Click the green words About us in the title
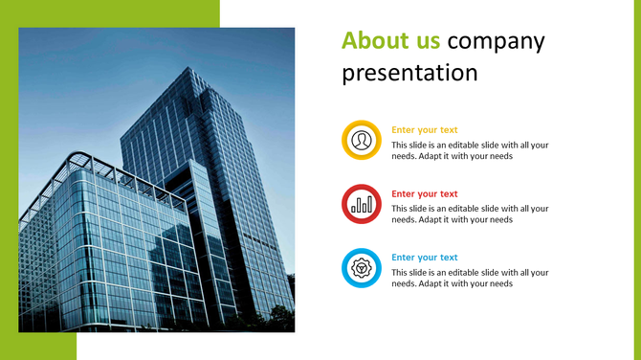391,41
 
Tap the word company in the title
496,41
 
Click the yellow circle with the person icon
362,141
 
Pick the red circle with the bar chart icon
362,204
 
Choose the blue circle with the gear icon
362,268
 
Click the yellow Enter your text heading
425,130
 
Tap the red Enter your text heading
425,193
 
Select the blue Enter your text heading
425,258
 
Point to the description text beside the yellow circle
470,151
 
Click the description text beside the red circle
470,214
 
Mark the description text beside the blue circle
470,278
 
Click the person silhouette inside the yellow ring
362,141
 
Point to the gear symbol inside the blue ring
362,268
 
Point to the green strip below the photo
38,346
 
